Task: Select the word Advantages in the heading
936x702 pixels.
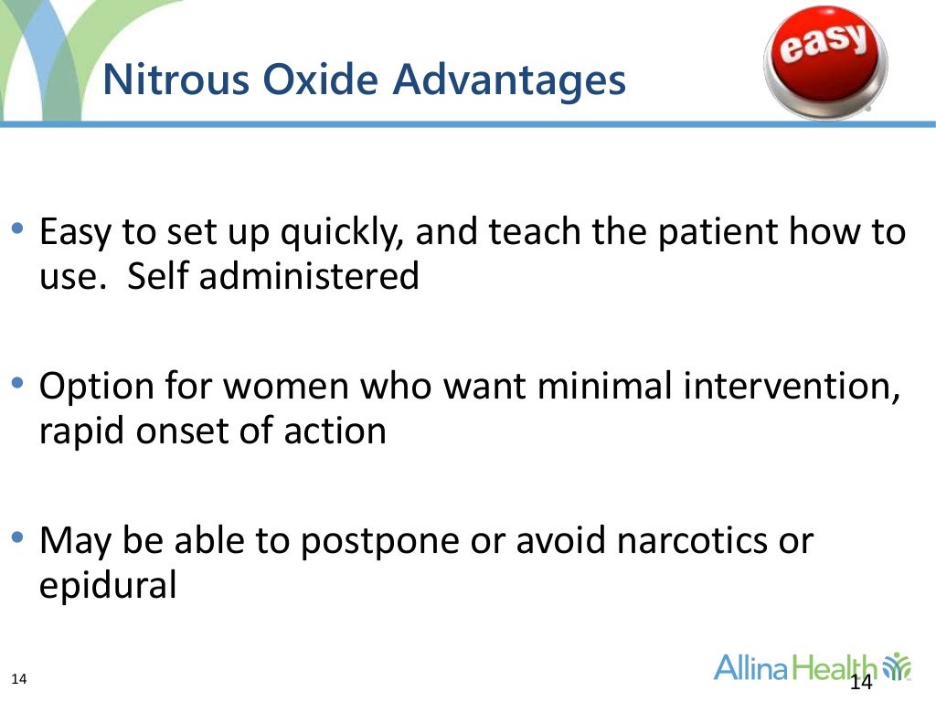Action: click(x=510, y=80)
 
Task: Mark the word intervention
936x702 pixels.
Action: click(x=794, y=388)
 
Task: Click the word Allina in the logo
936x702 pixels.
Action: click(x=750, y=667)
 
